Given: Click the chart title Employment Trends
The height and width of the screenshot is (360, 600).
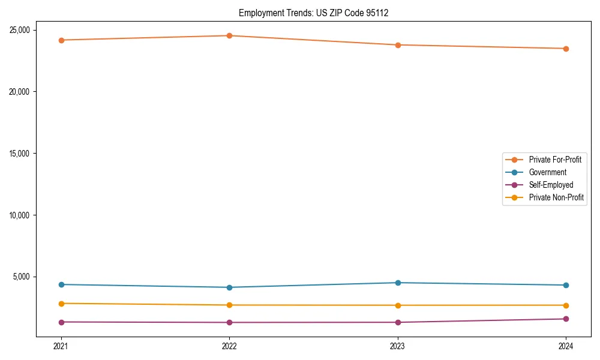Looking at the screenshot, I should tap(313, 13).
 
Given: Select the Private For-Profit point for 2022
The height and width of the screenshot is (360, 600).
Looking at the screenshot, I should tap(229, 35).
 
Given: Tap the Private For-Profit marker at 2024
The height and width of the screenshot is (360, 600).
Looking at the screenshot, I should tap(566, 49).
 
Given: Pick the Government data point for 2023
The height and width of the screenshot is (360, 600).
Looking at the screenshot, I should tap(398, 283).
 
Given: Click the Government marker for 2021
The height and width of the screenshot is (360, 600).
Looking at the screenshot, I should tap(61, 284).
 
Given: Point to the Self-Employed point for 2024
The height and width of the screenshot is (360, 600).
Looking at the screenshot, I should tap(566, 319).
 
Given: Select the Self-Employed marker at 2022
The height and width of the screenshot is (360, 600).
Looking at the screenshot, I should tap(229, 322).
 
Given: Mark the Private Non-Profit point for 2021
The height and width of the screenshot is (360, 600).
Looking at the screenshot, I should tap(61, 304).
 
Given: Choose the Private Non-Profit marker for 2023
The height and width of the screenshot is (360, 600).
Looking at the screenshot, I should tap(398, 305).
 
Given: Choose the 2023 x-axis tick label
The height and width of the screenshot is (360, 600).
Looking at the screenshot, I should tap(398, 346).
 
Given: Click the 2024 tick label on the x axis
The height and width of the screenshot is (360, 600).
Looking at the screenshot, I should tap(566, 346).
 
